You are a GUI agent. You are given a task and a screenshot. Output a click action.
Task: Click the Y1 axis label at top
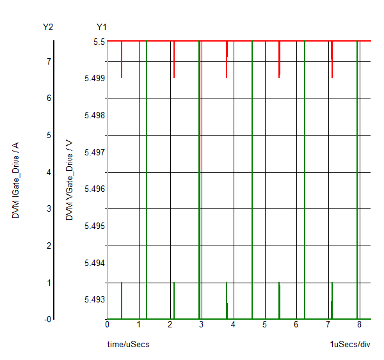(x=102, y=27)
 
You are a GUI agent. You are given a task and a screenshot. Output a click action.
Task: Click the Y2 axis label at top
(x=47, y=27)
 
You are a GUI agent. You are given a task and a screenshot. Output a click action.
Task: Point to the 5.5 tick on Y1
(x=99, y=42)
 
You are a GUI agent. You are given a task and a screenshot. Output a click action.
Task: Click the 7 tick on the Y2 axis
(x=49, y=61)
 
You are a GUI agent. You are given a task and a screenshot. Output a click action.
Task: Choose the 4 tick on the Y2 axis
(x=49, y=172)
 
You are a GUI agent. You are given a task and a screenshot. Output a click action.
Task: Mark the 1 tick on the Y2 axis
(x=49, y=283)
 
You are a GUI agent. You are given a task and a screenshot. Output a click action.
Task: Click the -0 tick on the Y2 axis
(x=47, y=319)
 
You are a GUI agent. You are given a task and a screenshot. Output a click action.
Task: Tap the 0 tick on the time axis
(x=108, y=324)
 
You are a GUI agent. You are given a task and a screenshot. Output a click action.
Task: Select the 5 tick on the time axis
(x=265, y=324)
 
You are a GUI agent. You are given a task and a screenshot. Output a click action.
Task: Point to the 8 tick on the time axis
(x=359, y=324)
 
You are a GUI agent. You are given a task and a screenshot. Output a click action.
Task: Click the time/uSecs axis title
(x=129, y=345)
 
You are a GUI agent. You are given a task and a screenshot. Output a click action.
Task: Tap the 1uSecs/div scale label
(x=350, y=345)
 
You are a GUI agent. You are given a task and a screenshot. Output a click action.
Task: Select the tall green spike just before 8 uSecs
(x=357, y=179)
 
